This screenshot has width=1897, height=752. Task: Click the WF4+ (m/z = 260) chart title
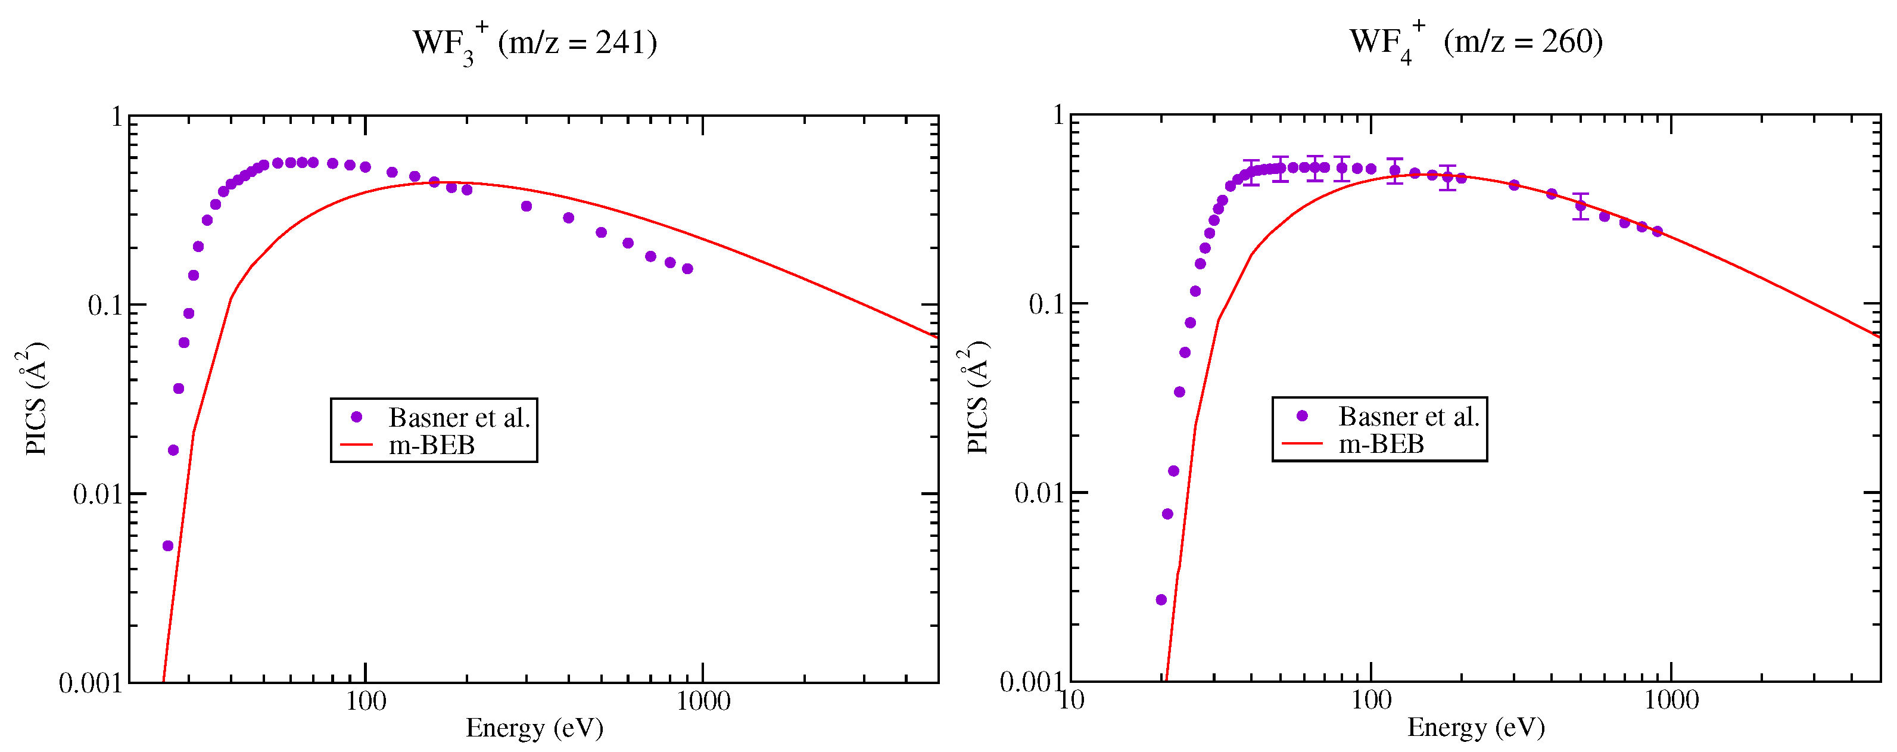(x=1475, y=42)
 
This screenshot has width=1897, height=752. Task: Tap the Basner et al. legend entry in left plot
(x=458, y=418)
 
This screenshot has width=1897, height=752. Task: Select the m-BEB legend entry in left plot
(x=432, y=445)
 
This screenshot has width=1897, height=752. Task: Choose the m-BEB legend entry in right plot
(x=1381, y=443)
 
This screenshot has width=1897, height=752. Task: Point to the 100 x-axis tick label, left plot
(x=365, y=700)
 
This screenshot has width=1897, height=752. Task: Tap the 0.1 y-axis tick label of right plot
(x=1046, y=304)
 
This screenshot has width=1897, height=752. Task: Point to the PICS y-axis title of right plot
(x=976, y=397)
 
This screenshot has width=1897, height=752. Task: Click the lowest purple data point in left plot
(x=168, y=546)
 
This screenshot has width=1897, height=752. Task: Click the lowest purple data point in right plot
(x=1161, y=599)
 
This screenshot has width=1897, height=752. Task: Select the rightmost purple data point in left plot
(x=687, y=269)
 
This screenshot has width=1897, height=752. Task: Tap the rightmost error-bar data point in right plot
(x=1580, y=206)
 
